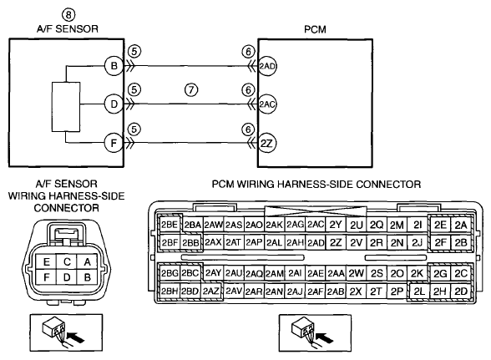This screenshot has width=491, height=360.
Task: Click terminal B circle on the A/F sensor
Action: tap(114, 66)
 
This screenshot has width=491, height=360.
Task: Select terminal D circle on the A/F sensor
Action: tap(114, 104)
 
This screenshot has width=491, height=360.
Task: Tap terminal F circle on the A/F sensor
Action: tap(114, 143)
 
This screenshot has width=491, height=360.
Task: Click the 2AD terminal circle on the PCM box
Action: tap(266, 66)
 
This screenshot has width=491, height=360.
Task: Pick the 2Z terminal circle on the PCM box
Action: tap(266, 143)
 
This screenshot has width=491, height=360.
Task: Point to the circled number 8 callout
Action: tap(68, 14)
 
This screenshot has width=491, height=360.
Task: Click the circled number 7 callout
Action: tap(191, 90)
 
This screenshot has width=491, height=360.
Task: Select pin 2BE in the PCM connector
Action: tap(170, 225)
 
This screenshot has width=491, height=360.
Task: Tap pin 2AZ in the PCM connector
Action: tap(211, 291)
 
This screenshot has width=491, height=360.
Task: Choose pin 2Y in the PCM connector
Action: tap(336, 225)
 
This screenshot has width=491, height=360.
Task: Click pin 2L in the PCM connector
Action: tap(419, 292)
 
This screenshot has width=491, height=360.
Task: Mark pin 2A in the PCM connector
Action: tap(461, 225)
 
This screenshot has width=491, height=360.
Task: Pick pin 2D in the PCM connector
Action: tap(461, 292)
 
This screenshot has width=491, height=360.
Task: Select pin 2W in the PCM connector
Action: tap(357, 273)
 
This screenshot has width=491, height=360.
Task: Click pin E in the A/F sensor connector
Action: tap(47, 261)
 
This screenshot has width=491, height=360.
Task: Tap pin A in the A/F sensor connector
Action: tap(87, 261)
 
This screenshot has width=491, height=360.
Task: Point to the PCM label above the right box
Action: tap(315, 29)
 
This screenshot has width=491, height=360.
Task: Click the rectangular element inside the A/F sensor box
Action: tap(66, 107)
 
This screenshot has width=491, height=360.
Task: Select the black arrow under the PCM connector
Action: tap(325, 337)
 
